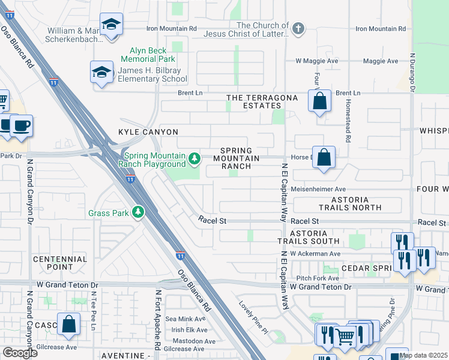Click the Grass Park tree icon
click(x=138, y=212)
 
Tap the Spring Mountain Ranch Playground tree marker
click(x=194, y=158)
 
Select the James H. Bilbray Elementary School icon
click(x=102, y=73)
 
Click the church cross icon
click(x=297, y=28)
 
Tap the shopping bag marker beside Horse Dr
click(x=324, y=158)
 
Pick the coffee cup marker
click(x=21, y=126)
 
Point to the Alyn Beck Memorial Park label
click(x=148, y=55)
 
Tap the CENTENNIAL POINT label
click(x=53, y=262)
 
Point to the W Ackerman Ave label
click(x=315, y=253)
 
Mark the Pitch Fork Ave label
click(x=318, y=278)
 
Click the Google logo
click(x=20, y=353)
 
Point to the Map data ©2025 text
click(x=423, y=355)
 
